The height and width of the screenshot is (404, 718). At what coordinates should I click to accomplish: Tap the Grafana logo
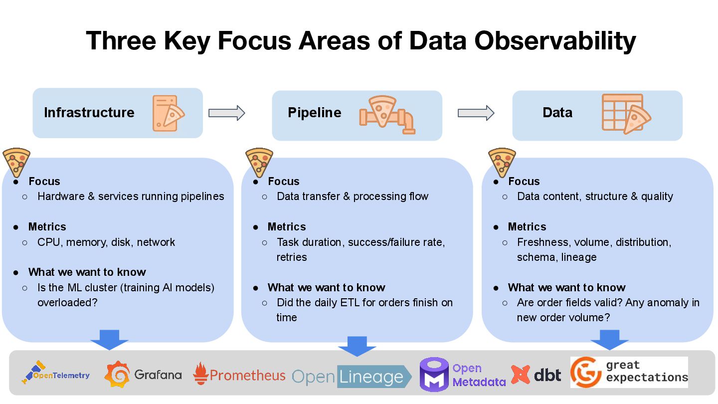[143, 375]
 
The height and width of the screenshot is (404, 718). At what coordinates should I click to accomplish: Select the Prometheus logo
[239, 375]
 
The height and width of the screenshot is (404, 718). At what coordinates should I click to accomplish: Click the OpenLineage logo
[352, 377]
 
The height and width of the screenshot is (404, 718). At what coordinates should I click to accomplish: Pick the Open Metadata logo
[463, 375]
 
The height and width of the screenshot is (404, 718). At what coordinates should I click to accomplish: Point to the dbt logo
[537, 375]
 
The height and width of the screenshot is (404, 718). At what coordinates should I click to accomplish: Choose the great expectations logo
[629, 372]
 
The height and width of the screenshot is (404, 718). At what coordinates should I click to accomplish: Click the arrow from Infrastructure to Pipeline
[227, 113]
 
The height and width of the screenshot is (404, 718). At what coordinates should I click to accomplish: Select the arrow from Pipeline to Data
[476, 113]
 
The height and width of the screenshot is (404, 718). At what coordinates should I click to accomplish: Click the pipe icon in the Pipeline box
[387, 115]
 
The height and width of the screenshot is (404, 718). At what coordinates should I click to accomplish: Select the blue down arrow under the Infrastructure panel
[109, 339]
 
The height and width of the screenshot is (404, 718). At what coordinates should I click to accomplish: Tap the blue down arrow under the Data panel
[609, 339]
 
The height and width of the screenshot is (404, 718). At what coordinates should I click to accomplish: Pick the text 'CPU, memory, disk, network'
[106, 242]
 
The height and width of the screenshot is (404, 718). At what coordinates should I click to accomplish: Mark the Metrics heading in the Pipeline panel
[287, 227]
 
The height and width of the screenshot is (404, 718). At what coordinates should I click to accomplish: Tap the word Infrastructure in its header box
[89, 113]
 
